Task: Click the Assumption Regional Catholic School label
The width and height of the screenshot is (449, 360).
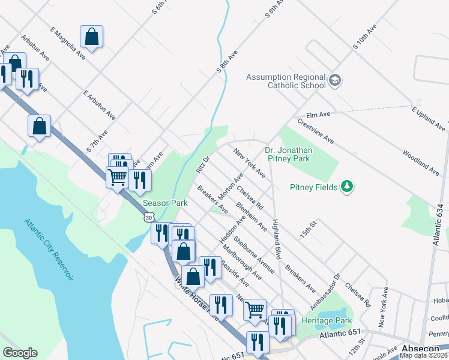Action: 285,81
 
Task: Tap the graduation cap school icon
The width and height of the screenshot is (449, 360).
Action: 335,80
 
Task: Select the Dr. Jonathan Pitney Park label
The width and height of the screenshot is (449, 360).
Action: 288,154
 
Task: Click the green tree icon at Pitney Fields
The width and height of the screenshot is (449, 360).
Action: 346,187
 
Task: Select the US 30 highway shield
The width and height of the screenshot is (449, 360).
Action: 148,216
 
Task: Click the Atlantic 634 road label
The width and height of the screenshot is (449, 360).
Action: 440,225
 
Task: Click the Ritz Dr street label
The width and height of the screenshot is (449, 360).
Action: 202,164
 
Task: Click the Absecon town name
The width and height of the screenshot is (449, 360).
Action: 423,349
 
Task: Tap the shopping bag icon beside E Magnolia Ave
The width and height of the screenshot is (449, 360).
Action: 91,37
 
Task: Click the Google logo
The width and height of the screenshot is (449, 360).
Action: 20,352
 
